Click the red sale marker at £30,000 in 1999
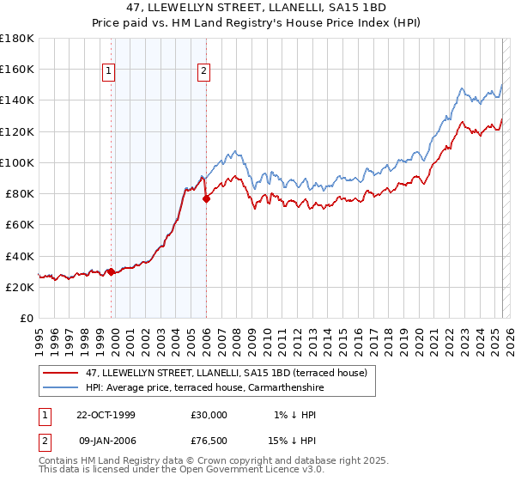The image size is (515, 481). point(111,271)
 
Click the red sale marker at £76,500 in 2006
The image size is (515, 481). point(206,198)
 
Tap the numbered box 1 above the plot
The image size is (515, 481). point(111,72)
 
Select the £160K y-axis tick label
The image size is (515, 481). point(17,69)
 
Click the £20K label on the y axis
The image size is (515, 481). point(20,288)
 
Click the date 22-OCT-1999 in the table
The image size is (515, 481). point(106,415)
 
